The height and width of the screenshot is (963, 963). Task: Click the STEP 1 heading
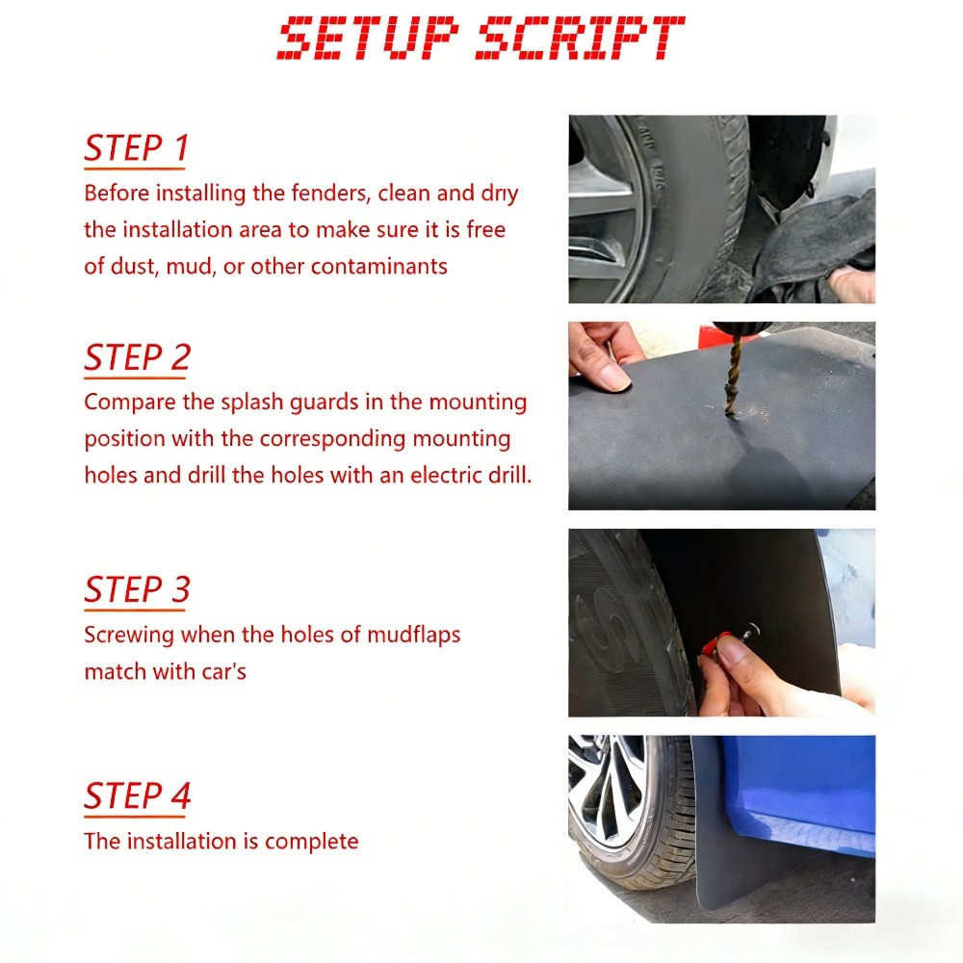136,148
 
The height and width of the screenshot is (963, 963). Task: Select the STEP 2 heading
137,357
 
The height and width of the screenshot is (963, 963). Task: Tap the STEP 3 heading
137,589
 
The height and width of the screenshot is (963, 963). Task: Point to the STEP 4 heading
137,796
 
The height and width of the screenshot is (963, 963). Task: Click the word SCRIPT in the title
579,39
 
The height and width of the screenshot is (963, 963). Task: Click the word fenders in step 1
328,193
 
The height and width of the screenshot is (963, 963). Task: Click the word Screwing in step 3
129,635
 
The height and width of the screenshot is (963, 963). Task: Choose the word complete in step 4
311,842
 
